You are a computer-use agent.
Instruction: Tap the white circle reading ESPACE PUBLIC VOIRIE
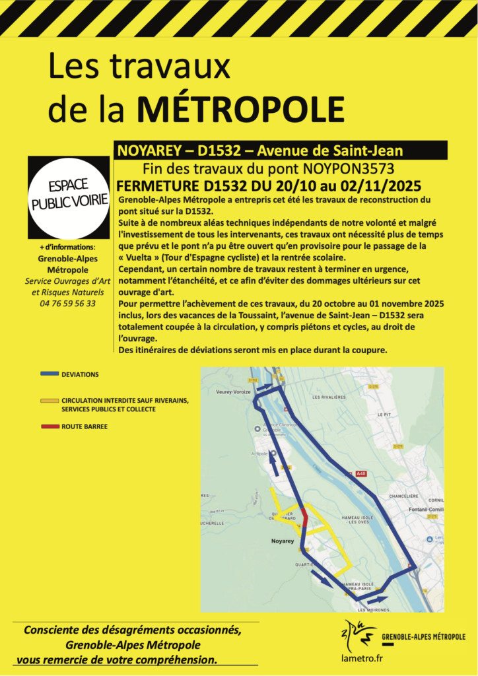(69, 197)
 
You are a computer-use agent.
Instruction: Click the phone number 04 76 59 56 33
(68, 304)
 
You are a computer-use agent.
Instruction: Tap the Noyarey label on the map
(282, 540)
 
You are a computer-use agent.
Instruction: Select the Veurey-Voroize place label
(233, 391)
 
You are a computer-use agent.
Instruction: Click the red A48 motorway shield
(360, 473)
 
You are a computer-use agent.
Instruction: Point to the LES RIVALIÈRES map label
(329, 397)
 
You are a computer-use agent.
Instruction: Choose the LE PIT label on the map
(383, 414)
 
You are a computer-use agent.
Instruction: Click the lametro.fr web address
(362, 658)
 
